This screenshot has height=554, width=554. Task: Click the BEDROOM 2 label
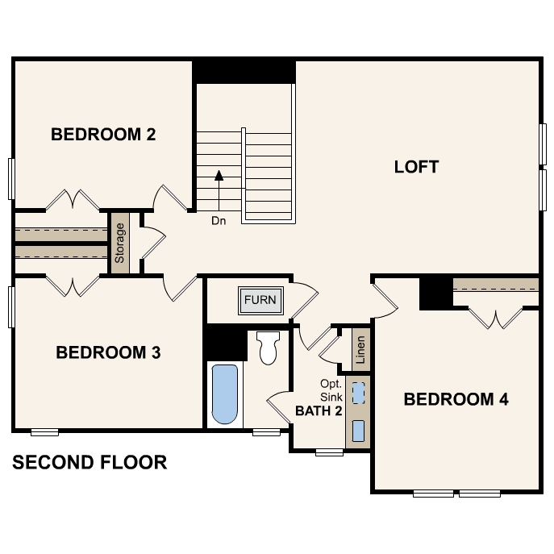103,134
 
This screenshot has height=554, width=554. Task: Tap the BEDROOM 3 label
108,352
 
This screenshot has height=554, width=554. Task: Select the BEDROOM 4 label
456,399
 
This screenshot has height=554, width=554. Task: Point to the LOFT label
416,167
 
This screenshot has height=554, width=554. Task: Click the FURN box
260,300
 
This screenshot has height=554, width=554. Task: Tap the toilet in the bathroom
267,348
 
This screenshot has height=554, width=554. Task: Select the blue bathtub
225,394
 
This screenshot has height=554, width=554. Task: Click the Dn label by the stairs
219,219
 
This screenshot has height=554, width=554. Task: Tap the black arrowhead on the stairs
219,173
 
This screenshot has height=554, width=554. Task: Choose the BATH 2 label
319,410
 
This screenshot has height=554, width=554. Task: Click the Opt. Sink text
331,389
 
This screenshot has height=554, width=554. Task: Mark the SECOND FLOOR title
90,463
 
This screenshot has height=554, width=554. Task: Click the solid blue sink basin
359,429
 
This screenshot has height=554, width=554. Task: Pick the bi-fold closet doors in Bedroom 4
496,318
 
